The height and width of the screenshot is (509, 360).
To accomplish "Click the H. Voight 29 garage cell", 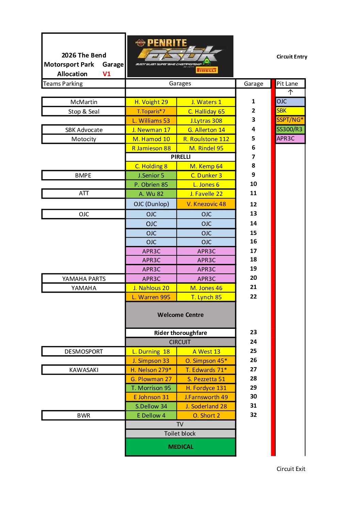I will (151, 102).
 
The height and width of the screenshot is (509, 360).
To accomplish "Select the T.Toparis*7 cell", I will (151, 111).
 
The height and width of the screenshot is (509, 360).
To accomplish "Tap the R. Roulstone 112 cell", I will (206, 139).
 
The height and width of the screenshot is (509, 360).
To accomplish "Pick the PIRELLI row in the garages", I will (180, 157).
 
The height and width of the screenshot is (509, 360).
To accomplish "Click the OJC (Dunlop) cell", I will (151, 204).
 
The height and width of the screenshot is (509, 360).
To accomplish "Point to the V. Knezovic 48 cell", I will (206, 204).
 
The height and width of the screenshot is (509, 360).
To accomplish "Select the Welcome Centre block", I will (180, 315).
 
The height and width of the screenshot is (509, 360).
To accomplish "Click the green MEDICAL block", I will (180, 447).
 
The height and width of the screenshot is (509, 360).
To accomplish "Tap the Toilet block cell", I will (180, 434).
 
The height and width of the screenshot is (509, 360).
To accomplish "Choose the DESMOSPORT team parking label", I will (84, 352).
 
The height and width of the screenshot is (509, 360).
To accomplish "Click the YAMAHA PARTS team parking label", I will (84, 279).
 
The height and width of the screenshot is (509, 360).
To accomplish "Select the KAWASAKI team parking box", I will (84, 370).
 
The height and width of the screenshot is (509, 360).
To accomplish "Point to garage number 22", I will (253, 296).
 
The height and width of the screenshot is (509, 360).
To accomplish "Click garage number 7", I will (253, 157).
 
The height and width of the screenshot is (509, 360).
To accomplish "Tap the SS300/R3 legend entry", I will (290, 129).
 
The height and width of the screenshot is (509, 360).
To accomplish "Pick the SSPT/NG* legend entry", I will (290, 120).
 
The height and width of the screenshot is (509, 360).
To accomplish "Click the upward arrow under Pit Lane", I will (290, 92).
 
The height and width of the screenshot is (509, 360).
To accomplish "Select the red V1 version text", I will (107, 74).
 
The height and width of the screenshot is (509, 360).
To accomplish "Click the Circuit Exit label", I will (291, 469).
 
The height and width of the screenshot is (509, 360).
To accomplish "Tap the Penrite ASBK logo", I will (180, 56).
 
